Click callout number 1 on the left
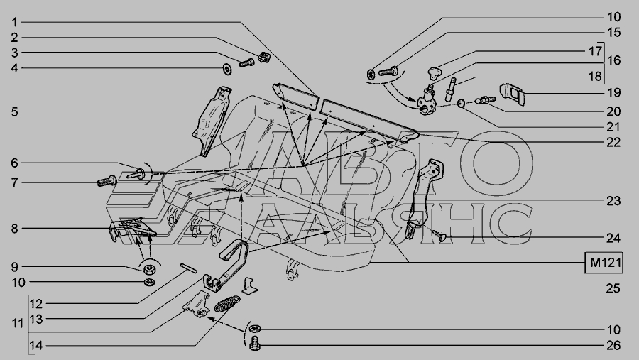coord(15,22)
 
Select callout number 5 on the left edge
coord(15,111)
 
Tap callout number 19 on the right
coord(613,92)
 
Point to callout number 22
coord(613,142)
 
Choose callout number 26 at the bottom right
coord(613,345)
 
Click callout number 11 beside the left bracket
coord(18,323)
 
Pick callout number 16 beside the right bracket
coord(613,60)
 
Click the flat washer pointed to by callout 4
coord(227,69)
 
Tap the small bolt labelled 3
coord(246,62)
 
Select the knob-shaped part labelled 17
coord(435,73)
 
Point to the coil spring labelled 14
coord(226,304)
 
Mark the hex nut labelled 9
coord(149,269)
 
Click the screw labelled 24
coord(439,235)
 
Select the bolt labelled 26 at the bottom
coord(255,342)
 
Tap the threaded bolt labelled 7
coord(106,180)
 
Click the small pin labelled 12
coord(189,268)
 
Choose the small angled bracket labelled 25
coord(250,285)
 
